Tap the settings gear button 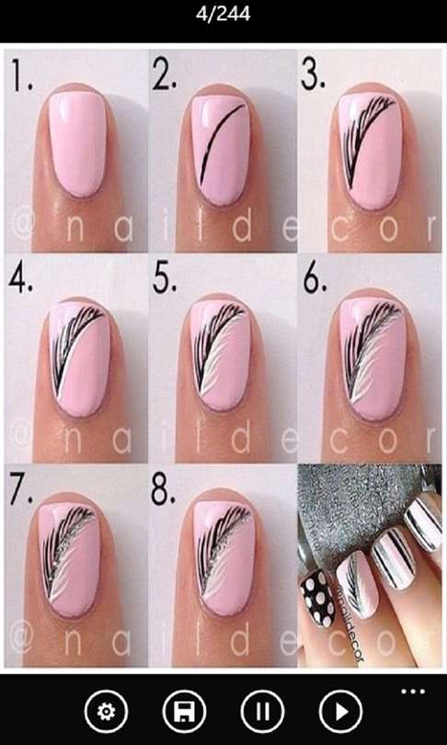(106, 712)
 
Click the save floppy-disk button (184, 712)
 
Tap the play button (340, 712)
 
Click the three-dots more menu (413, 692)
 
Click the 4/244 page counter (223, 15)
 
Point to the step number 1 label (22, 76)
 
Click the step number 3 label (313, 74)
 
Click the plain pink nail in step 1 (76, 143)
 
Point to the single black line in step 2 (222, 143)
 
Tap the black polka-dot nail (318, 596)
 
